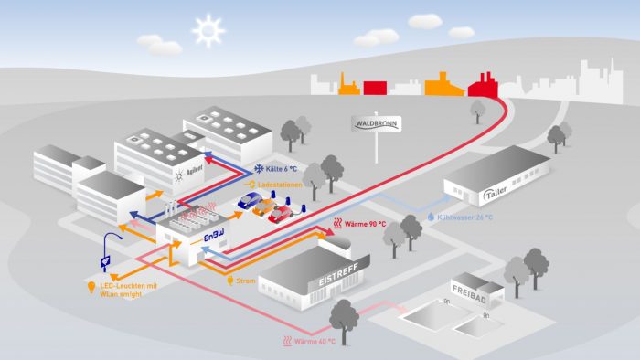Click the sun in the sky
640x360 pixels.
(x=208, y=31)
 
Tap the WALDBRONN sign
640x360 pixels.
(x=377, y=124)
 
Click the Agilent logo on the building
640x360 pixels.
(x=189, y=173)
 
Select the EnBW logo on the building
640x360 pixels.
(x=214, y=236)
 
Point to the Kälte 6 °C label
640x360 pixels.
(x=282, y=169)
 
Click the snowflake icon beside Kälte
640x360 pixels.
(x=259, y=168)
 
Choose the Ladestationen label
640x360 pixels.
(x=280, y=185)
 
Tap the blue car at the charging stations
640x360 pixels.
(x=250, y=200)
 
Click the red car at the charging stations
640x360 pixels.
(x=281, y=215)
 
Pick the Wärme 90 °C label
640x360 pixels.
(x=365, y=224)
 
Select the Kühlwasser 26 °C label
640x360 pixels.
(x=464, y=217)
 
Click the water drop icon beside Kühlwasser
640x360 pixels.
(x=431, y=217)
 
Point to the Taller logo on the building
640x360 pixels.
(x=496, y=193)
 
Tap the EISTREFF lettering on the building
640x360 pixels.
(x=338, y=274)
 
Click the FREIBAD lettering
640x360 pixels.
(x=469, y=294)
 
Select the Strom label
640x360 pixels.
(x=246, y=281)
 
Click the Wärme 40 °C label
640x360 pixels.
(x=315, y=341)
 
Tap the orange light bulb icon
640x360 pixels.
(x=91, y=288)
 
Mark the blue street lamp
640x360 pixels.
(x=109, y=252)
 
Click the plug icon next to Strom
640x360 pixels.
(x=230, y=281)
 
